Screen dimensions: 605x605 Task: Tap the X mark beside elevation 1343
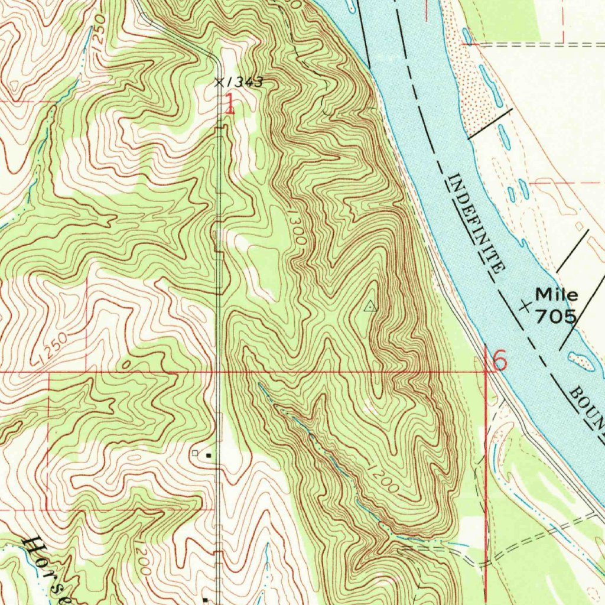pos(219,82)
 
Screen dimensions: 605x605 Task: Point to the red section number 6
pos(499,360)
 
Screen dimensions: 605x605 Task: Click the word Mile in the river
pos(557,294)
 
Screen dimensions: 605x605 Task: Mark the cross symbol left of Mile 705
pos(524,306)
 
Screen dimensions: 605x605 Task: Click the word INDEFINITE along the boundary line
pos(477,223)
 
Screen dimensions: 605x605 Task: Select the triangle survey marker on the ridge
pos(370,305)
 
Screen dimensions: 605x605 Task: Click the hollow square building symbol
pos(195,453)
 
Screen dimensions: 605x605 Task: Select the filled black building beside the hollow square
pos(208,455)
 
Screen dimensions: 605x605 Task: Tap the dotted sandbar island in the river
pos(580,361)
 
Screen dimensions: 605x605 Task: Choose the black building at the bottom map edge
pos(205,600)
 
